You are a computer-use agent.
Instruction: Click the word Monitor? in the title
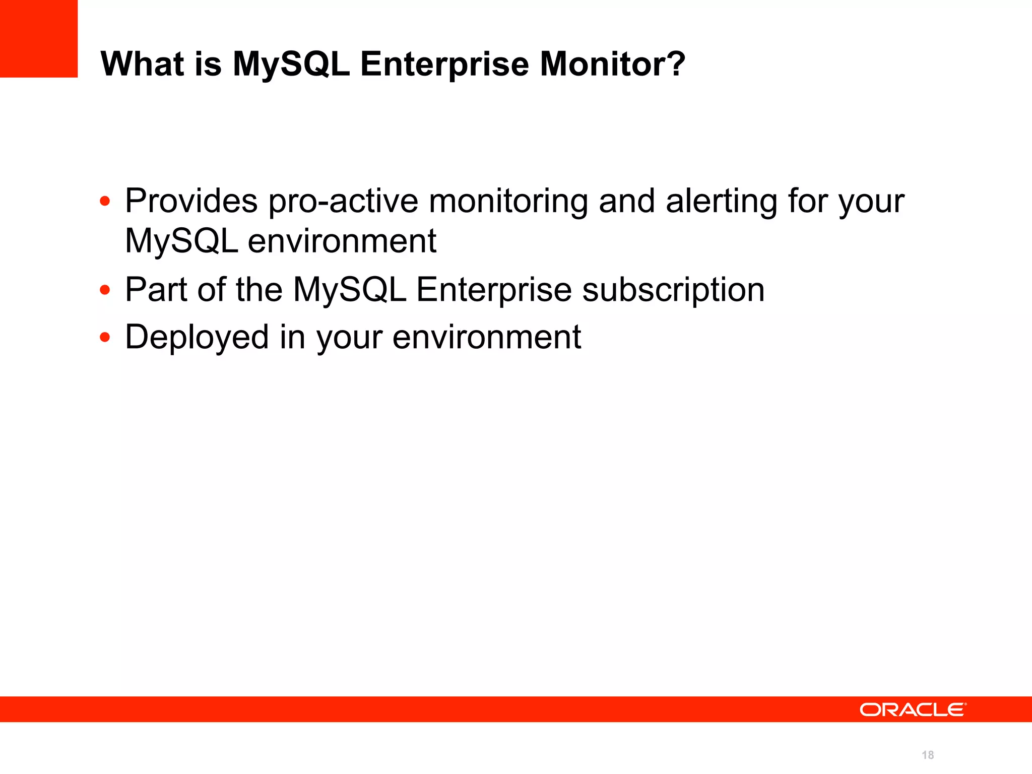point(612,64)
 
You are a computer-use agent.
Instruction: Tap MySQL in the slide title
point(291,64)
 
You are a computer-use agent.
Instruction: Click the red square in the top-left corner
point(38,38)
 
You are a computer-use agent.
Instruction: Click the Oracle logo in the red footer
point(913,709)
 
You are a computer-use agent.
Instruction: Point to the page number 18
point(928,755)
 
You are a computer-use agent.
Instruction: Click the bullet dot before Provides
point(105,202)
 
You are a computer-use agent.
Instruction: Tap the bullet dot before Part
point(105,290)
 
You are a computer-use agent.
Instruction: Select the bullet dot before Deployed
point(105,337)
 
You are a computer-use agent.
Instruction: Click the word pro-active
point(343,201)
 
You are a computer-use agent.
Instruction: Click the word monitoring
point(508,201)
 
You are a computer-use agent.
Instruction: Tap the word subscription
point(673,290)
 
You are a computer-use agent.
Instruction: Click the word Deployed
point(197,337)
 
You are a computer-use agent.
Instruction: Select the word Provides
point(191,201)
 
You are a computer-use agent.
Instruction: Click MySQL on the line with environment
point(181,241)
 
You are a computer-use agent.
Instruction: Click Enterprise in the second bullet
point(494,290)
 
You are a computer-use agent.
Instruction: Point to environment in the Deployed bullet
point(486,337)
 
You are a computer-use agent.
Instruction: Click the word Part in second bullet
point(156,290)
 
